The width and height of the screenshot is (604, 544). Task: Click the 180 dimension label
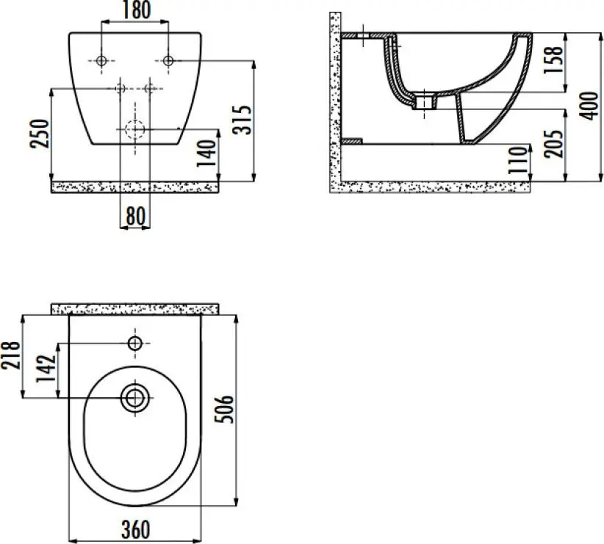coord(135,10)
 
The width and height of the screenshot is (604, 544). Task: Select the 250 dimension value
coord(41,132)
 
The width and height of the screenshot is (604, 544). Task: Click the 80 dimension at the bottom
coord(135,217)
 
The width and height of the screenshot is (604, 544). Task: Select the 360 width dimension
coord(134,529)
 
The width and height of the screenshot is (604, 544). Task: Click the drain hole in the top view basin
coord(134,398)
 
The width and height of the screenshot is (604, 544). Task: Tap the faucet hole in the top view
coord(135,343)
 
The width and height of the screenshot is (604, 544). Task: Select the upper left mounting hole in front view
coord(101,60)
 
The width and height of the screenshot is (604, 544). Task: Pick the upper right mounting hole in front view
coord(168,60)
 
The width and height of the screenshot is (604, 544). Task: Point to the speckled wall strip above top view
coord(135,308)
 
